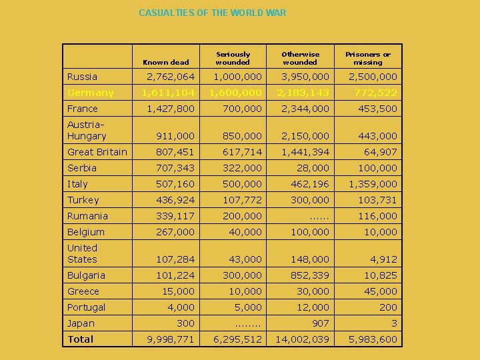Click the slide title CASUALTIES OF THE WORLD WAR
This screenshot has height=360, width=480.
click(x=212, y=13)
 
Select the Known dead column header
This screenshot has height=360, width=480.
click(x=166, y=62)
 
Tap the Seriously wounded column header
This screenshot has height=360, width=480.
click(x=233, y=58)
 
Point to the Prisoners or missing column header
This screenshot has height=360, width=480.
click(x=367, y=58)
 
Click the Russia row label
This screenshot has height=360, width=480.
click(x=82, y=77)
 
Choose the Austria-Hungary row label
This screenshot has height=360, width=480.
click(x=87, y=130)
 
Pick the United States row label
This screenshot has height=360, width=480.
click(x=82, y=253)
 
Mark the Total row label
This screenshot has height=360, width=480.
click(x=80, y=339)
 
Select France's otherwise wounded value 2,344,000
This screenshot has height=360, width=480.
click(x=305, y=109)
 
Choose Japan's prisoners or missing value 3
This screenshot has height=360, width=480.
click(x=394, y=323)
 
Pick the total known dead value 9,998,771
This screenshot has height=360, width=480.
click(x=171, y=339)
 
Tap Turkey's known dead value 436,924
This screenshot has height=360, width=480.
click(x=175, y=200)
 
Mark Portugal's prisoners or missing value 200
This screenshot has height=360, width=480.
click(x=388, y=307)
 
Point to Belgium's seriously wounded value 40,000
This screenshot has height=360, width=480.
click(x=245, y=232)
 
